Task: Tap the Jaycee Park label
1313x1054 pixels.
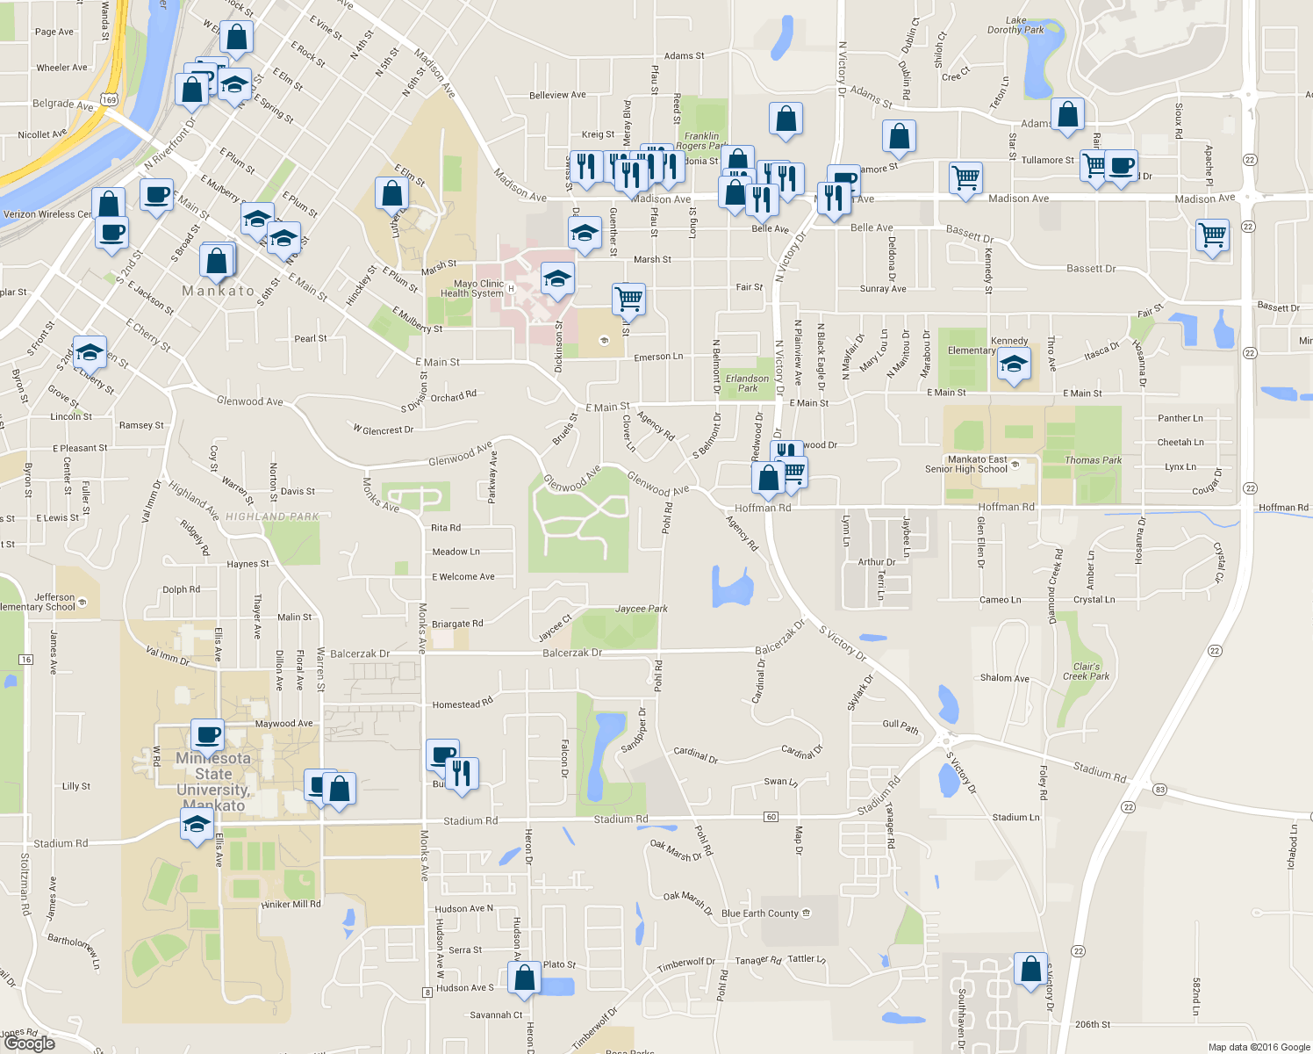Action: click(x=642, y=609)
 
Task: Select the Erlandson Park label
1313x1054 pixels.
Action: click(x=748, y=383)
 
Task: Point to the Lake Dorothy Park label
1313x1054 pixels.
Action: click(x=1015, y=25)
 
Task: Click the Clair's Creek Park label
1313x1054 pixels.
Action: click(x=1087, y=671)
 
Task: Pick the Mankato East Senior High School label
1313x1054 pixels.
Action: click(x=966, y=465)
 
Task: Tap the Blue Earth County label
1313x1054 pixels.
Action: click(x=760, y=913)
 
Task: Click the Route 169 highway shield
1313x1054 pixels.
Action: click(x=109, y=99)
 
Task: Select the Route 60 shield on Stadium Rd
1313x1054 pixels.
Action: click(x=771, y=817)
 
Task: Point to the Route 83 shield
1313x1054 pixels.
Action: click(x=1160, y=790)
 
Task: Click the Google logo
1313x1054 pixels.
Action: click(x=29, y=1043)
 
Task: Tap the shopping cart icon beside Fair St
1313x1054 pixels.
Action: click(x=628, y=300)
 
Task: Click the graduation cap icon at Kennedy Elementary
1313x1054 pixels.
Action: click(x=1014, y=364)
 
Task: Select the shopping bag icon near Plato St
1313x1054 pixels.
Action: click(x=524, y=978)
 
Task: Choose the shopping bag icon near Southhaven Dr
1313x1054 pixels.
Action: click(x=1030, y=969)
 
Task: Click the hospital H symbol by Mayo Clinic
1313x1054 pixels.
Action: click(x=511, y=289)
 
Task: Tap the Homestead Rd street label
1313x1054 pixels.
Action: click(x=463, y=704)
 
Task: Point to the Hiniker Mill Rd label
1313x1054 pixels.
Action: click(x=291, y=904)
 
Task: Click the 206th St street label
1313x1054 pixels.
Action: click(x=1093, y=1024)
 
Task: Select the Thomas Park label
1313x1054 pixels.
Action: click(x=1094, y=460)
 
